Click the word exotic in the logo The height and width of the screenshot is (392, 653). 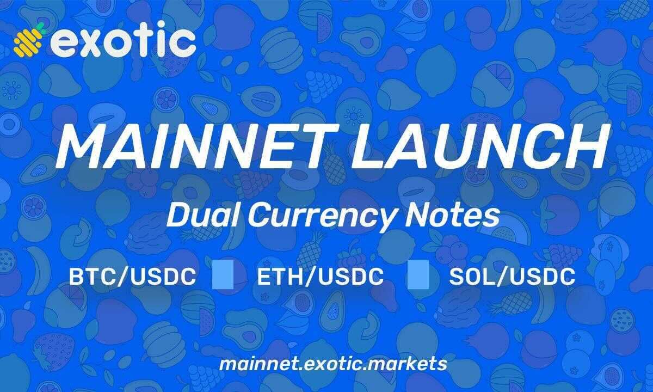coord(123,41)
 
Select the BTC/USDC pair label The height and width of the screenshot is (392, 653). coord(132,277)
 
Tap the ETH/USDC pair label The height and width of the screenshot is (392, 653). coord(320,277)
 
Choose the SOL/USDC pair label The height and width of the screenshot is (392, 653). coord(512,277)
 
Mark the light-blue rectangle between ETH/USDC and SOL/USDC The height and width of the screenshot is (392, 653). coord(418,275)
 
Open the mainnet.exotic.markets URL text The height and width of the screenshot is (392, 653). coord(333,364)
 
